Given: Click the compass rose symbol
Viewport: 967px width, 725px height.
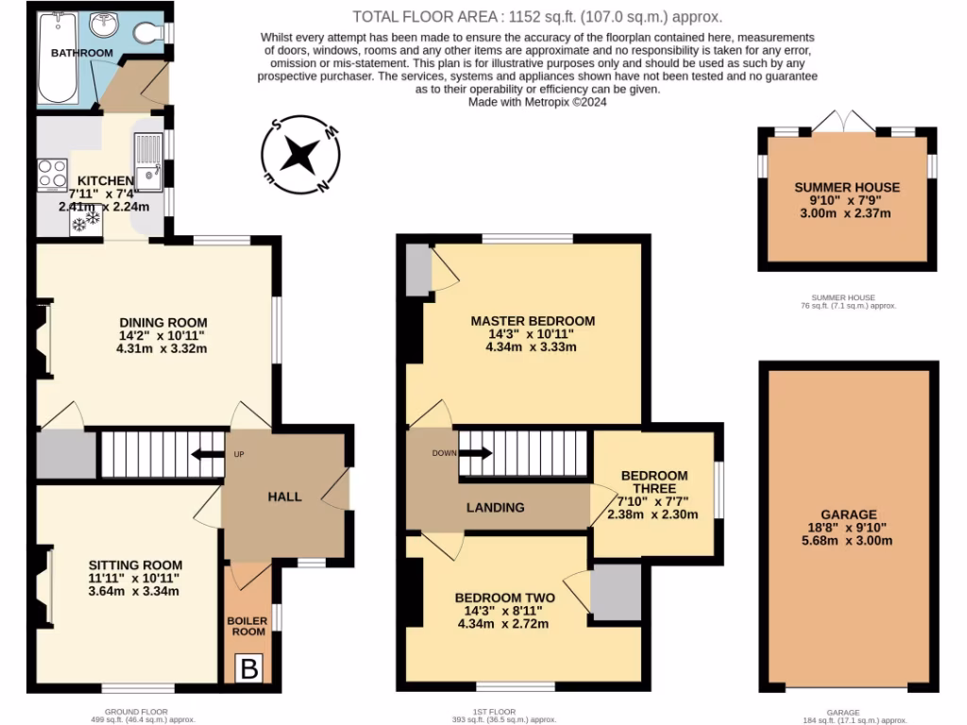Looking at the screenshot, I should [x=300, y=154].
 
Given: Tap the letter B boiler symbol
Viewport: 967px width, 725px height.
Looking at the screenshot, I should [x=249, y=669].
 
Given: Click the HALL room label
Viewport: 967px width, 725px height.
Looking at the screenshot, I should [x=284, y=497].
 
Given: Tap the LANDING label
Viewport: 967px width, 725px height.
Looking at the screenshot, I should [x=495, y=508].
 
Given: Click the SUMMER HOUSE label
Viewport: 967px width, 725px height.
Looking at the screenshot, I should [x=847, y=187].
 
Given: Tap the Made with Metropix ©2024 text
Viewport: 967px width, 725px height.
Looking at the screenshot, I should [x=536, y=102].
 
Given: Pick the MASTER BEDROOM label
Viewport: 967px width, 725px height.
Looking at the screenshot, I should [x=533, y=320].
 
